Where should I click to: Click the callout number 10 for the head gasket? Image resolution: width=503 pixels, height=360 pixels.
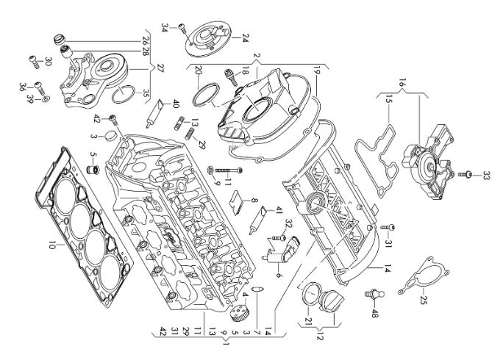(x=51, y=246)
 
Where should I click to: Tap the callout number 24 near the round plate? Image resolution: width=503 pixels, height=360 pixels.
(x=246, y=38)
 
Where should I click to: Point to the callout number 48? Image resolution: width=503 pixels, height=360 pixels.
(x=374, y=313)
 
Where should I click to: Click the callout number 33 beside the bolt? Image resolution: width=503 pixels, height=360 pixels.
(x=486, y=176)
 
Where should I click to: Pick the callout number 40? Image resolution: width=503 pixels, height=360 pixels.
(x=176, y=104)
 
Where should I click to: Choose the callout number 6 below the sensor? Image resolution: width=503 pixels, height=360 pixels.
(x=278, y=275)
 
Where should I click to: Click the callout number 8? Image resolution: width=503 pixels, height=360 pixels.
(x=254, y=201)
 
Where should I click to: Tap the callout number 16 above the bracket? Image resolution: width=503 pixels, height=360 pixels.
(x=402, y=82)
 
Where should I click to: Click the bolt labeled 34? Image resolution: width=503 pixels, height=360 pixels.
(x=182, y=28)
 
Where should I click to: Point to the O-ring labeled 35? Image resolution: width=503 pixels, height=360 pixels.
(x=122, y=94)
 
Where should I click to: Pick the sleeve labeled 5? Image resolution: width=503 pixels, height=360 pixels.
(x=93, y=169)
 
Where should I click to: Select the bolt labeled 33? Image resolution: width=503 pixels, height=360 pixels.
(x=464, y=175)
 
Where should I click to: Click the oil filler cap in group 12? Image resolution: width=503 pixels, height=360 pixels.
(x=332, y=301)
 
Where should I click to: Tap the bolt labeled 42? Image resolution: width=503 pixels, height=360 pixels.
(x=114, y=120)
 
